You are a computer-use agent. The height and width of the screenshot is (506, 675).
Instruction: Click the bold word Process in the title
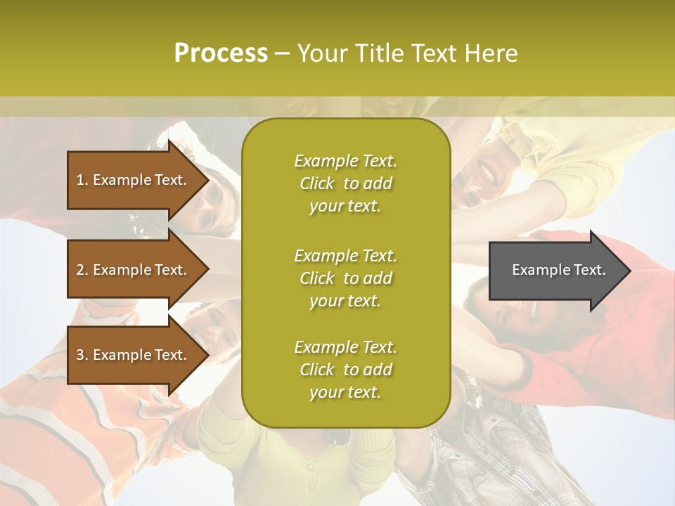[221, 53]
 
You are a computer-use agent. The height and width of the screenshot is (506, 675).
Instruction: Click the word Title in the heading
[378, 53]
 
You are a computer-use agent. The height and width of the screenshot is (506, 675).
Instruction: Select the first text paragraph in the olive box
[345, 183]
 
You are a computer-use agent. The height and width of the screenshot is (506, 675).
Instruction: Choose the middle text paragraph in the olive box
[345, 278]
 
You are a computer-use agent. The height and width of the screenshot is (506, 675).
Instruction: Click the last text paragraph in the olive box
[345, 370]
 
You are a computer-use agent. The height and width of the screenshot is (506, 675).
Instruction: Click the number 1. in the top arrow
[82, 180]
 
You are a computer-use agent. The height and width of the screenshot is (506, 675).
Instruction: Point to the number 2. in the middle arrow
[82, 270]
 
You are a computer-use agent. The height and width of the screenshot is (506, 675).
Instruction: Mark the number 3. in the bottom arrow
[82, 355]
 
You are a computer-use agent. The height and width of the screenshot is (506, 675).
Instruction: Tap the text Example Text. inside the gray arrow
[558, 270]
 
